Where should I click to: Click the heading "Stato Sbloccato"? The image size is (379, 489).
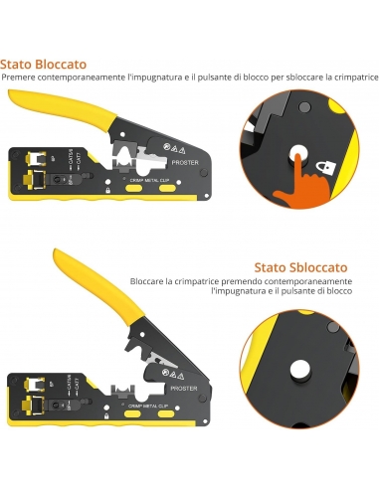(x=299, y=266)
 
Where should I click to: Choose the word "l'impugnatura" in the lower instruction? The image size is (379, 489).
(x=162, y=294)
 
